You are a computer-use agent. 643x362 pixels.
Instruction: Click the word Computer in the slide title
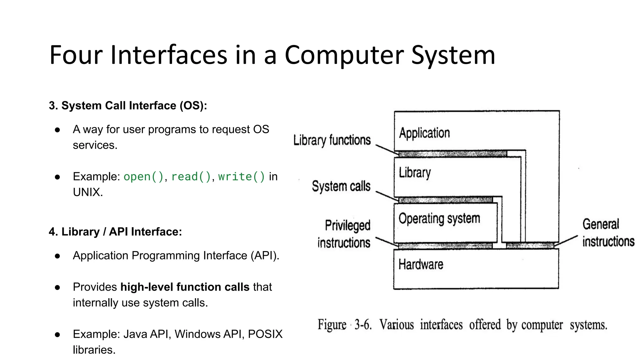click(344, 55)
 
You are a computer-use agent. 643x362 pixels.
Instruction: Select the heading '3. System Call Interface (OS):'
click(128, 106)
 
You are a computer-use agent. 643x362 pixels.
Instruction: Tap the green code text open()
click(143, 177)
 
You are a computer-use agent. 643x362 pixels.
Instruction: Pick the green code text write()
click(241, 177)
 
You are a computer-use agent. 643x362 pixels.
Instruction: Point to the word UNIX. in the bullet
click(88, 192)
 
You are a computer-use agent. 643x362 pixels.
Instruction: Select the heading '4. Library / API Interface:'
click(115, 232)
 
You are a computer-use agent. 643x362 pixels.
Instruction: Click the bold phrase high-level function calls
click(185, 287)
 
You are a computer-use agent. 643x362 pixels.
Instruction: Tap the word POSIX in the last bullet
click(265, 334)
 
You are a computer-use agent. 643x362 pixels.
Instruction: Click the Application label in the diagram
click(424, 133)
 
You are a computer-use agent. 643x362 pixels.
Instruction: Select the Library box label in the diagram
click(415, 173)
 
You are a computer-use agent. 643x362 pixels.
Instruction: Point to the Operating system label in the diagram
click(439, 219)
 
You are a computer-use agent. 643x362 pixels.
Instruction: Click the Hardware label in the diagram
click(421, 265)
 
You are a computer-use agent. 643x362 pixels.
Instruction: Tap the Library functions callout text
click(332, 140)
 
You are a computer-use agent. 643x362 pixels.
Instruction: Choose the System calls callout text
click(341, 186)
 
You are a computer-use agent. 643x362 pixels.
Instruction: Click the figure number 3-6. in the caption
click(363, 325)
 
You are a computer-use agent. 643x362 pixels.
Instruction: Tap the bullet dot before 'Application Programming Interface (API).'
click(57, 256)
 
